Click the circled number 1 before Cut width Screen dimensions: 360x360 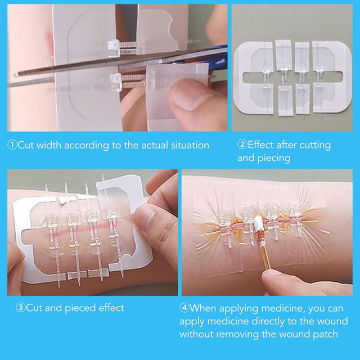tap(12, 145)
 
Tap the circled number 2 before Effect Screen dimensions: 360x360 tap(242, 145)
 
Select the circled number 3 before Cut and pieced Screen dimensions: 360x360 tap(20, 308)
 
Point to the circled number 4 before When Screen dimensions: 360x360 tap(184, 308)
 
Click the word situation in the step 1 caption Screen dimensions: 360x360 tap(190, 145)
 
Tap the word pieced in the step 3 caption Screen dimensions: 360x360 tap(80, 308)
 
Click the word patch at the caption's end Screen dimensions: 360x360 tap(325, 334)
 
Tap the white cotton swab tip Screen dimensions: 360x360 tap(257, 223)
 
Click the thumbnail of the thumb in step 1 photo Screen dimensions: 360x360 tap(188, 96)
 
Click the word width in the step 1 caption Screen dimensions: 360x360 tap(49, 145)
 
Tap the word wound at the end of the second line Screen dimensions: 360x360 tap(334, 321)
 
